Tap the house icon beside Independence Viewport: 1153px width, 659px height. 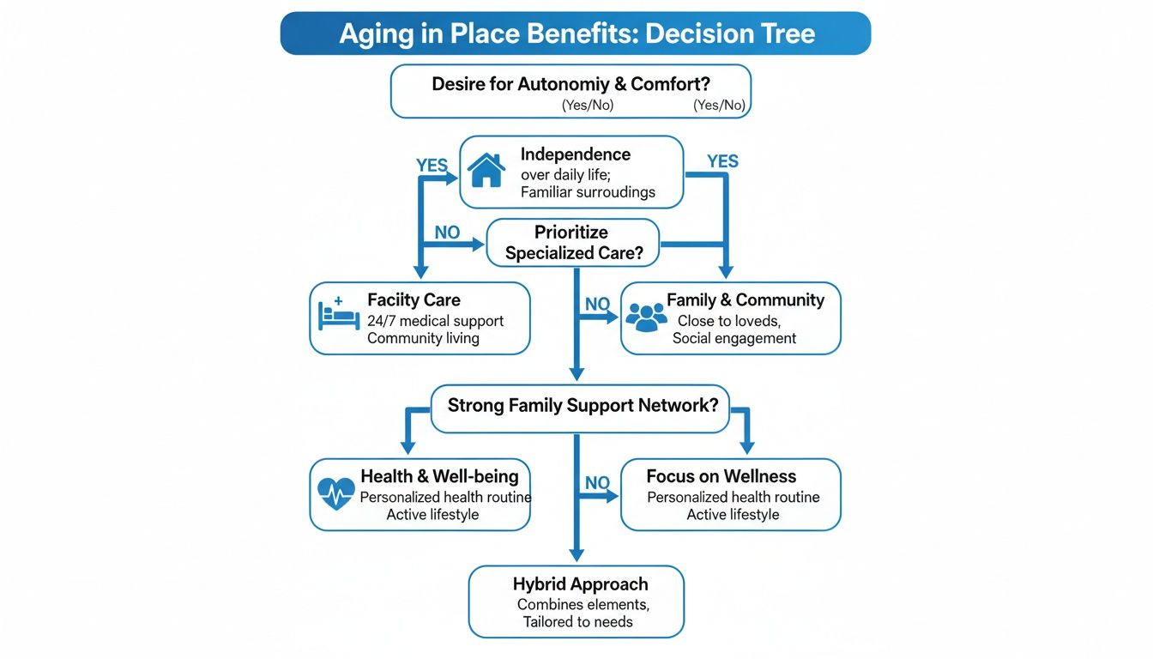486,171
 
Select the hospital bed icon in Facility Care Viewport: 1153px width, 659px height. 336,315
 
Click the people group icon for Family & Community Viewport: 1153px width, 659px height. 646,317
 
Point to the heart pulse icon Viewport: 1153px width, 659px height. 335,493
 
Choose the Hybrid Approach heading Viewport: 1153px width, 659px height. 580,584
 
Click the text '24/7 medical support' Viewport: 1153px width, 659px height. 435,321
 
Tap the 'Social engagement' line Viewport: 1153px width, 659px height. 734,338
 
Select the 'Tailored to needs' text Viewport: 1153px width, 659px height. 578,621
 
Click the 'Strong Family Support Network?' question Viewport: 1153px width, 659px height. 583,405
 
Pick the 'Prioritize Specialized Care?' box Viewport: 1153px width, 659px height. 573,243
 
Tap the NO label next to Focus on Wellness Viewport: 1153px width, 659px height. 597,483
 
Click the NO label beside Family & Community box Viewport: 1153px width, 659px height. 597,304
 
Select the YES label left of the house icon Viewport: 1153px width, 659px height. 432,166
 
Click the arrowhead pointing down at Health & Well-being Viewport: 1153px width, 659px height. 408,447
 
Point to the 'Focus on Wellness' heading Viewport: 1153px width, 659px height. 721,476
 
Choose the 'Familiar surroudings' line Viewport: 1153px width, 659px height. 588,192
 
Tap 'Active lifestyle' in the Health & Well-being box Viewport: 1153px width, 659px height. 432,515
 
